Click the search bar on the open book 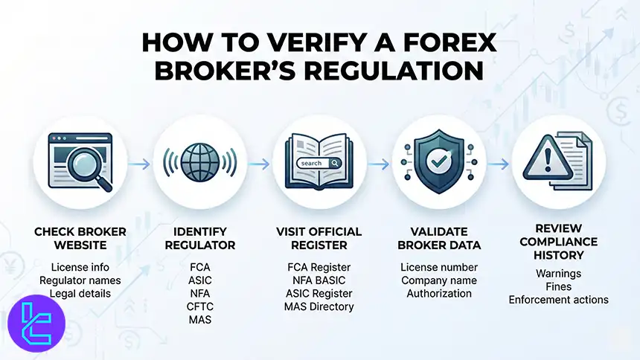318,163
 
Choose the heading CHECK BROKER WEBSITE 80,238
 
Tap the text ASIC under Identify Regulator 199,280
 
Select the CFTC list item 199,306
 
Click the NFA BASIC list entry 319,280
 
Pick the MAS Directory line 319,306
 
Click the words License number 439,266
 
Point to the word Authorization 439,293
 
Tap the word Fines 559,286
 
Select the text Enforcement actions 559,300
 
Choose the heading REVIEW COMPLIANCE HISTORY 559,242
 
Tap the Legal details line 80,293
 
